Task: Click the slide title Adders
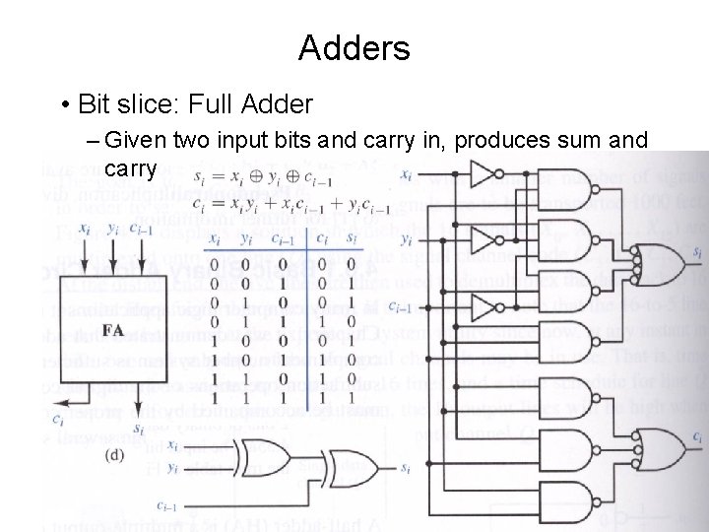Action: pyautogui.click(x=354, y=46)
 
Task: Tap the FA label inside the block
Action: pyautogui.click(x=113, y=330)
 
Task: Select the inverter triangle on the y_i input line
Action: pyautogui.click(x=483, y=239)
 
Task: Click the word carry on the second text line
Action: pyautogui.click(x=129, y=168)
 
